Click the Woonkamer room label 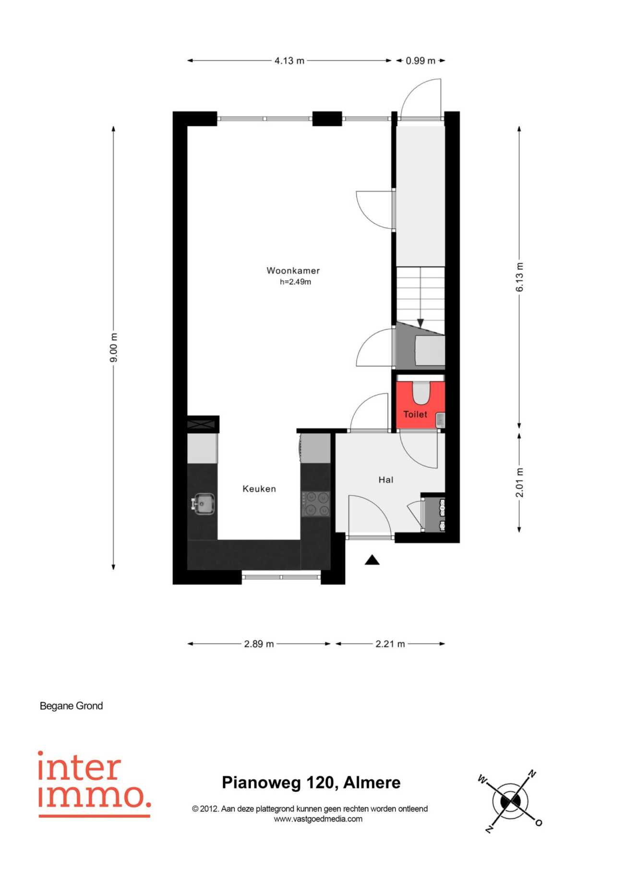pos(293,271)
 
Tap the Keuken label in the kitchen pos(259,489)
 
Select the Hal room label pos(386,480)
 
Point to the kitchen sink pos(204,504)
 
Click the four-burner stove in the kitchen pos(316,504)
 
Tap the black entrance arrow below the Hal pos(372,560)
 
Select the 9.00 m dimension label pos(113,347)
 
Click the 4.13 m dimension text pos(289,61)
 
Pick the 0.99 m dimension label pos(420,61)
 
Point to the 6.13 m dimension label pos(519,277)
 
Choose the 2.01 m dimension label pos(519,482)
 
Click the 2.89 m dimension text pos(259,644)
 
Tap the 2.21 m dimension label pos(390,644)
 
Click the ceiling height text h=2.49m pos(295,282)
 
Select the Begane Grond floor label pos(71,706)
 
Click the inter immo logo pos(95,784)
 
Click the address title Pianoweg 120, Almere pos(311,783)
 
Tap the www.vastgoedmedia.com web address pos(318,819)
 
